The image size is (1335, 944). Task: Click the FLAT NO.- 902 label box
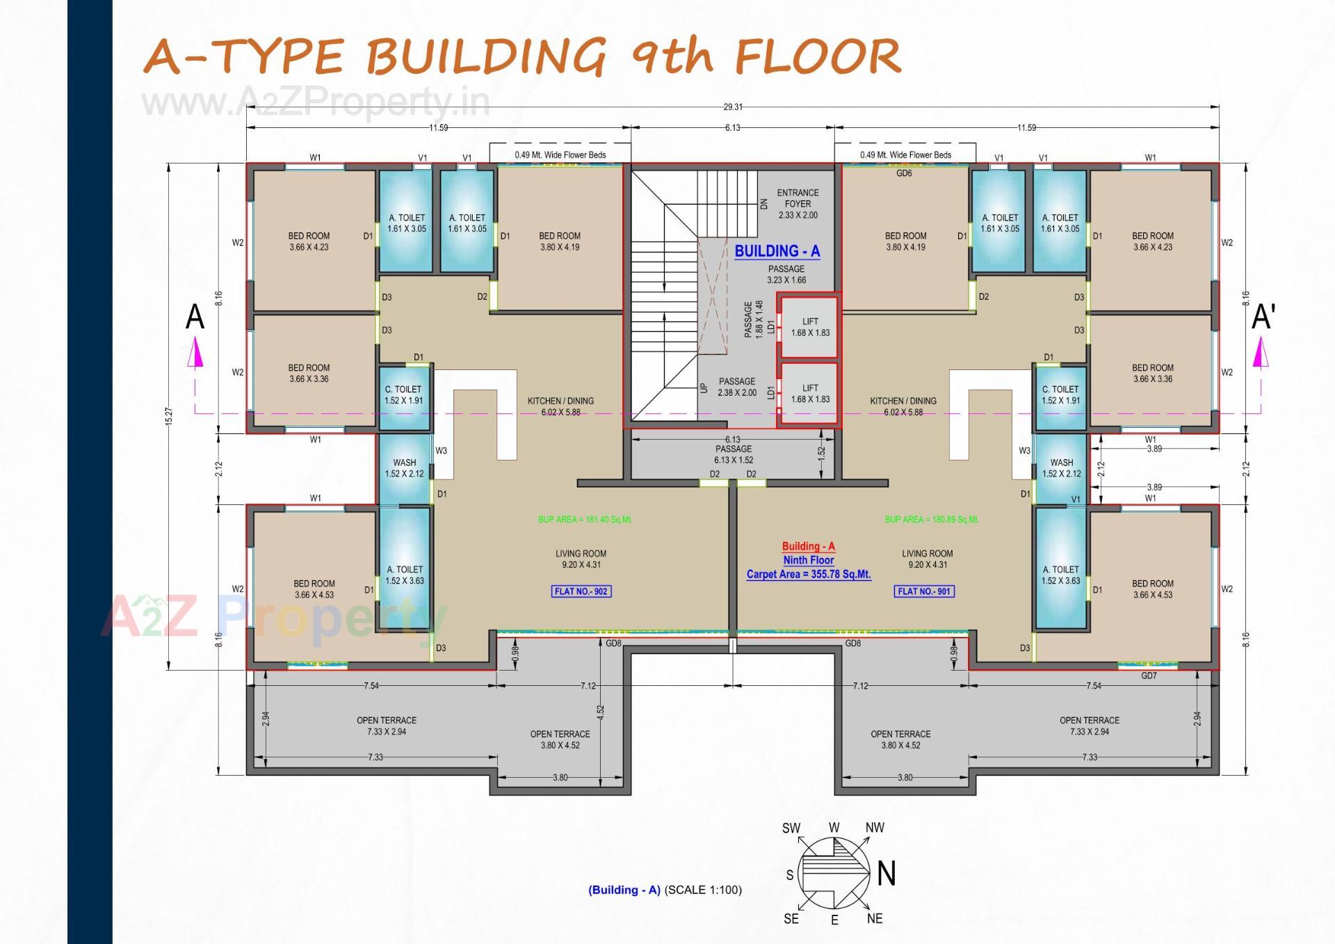coord(581,591)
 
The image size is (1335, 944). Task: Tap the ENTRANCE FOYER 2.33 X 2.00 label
coord(798,204)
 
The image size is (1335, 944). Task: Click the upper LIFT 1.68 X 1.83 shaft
coord(810,327)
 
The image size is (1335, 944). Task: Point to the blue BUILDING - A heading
coord(777,251)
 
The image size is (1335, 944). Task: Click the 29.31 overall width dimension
coord(732,107)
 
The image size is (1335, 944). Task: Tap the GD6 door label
coord(904,173)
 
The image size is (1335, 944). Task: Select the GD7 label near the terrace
coord(1149,675)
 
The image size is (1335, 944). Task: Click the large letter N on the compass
coord(886,874)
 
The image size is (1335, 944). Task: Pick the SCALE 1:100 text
coord(703,890)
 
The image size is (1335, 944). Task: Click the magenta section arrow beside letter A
coord(195,352)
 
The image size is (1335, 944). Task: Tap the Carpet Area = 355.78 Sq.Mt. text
coord(808,574)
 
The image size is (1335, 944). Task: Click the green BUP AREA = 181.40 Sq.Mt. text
coord(585,520)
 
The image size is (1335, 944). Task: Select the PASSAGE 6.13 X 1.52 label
coord(733,454)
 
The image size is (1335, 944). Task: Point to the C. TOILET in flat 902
coord(403,394)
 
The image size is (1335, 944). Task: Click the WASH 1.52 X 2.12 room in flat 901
coord(1061,467)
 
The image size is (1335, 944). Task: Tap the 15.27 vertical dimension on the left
coord(169,416)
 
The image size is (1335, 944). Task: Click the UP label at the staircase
coord(704,388)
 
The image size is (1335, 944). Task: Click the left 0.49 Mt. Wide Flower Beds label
coord(560,155)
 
